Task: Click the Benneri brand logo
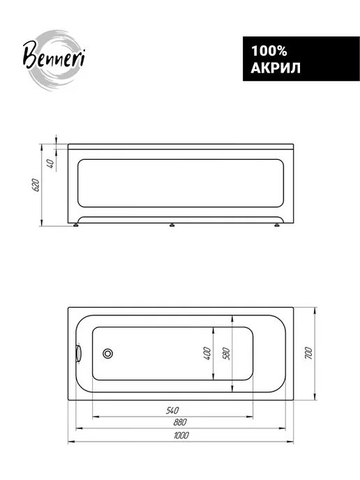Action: pos(54,60)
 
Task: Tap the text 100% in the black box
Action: pos(269,51)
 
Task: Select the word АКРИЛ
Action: pos(276,68)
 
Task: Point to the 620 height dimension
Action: pos(36,185)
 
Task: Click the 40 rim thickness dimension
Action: pos(51,163)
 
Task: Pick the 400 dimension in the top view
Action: pos(207,353)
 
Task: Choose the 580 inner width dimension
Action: pos(226,353)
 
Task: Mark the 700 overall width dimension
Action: pos(308,353)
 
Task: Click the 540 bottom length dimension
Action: pos(172,410)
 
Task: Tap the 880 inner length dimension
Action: pos(180,423)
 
